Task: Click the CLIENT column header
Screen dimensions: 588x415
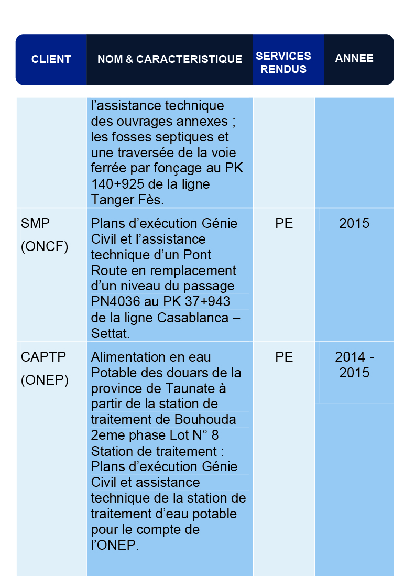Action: click(51, 59)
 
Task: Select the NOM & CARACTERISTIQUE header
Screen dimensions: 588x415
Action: click(170, 59)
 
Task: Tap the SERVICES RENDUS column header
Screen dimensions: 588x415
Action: click(283, 62)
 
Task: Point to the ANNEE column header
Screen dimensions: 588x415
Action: click(354, 58)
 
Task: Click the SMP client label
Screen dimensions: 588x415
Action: click(36, 224)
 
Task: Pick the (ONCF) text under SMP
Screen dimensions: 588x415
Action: click(45, 247)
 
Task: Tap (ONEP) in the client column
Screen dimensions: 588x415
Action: click(45, 380)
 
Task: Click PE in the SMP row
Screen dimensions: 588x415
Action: click(284, 224)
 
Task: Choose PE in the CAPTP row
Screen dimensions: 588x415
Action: click(284, 357)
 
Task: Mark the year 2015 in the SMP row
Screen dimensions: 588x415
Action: click(354, 224)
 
